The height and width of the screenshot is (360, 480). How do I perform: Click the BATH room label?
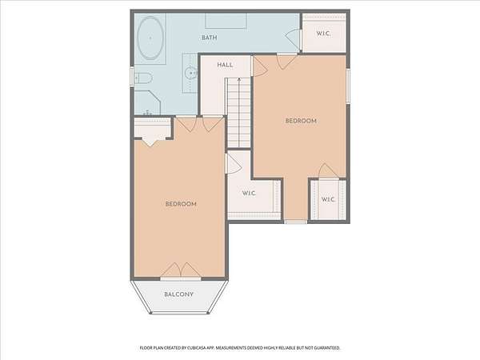pos(210,38)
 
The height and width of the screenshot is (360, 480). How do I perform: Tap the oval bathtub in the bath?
pos(150,38)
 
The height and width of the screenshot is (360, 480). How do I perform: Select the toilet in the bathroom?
pos(143,78)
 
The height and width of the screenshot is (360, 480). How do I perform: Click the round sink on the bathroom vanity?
pos(191,73)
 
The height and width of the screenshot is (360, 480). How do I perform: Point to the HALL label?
pos(225,65)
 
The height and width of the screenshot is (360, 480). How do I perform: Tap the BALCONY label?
pos(178,294)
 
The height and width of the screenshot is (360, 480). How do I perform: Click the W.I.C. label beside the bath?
pos(323,34)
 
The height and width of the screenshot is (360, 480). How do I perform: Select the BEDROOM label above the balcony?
pos(181,204)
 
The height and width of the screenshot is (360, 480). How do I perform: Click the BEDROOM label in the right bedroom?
pos(301,121)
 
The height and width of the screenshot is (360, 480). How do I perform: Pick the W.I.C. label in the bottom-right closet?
pos(328,199)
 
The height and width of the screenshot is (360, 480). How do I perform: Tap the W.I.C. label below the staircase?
pos(249,194)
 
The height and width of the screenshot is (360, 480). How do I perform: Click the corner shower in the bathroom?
pos(147,102)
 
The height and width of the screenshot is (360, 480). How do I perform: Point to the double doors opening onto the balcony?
pos(181,270)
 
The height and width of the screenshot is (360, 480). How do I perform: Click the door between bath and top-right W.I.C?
pos(294,38)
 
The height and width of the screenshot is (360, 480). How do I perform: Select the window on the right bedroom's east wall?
pos(348,86)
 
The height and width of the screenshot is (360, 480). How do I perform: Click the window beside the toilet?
pos(132,77)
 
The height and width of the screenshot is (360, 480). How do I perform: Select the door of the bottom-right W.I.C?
pos(328,171)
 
